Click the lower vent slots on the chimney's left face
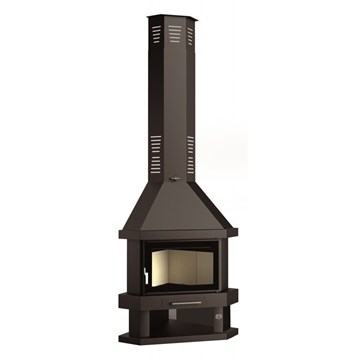point(157,142)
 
